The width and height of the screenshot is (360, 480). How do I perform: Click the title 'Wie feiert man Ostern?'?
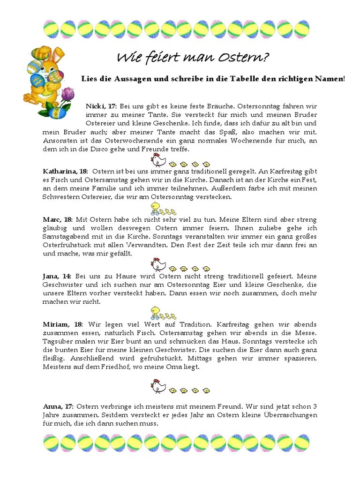coord(193,58)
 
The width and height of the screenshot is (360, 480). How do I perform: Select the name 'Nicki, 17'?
coord(101,107)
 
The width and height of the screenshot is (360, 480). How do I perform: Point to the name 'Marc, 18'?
coord(58,219)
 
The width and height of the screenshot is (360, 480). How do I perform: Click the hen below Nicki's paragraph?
coord(158,160)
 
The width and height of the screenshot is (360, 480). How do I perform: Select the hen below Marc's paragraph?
coord(158,265)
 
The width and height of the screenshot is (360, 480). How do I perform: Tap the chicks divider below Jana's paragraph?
coord(163,313)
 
